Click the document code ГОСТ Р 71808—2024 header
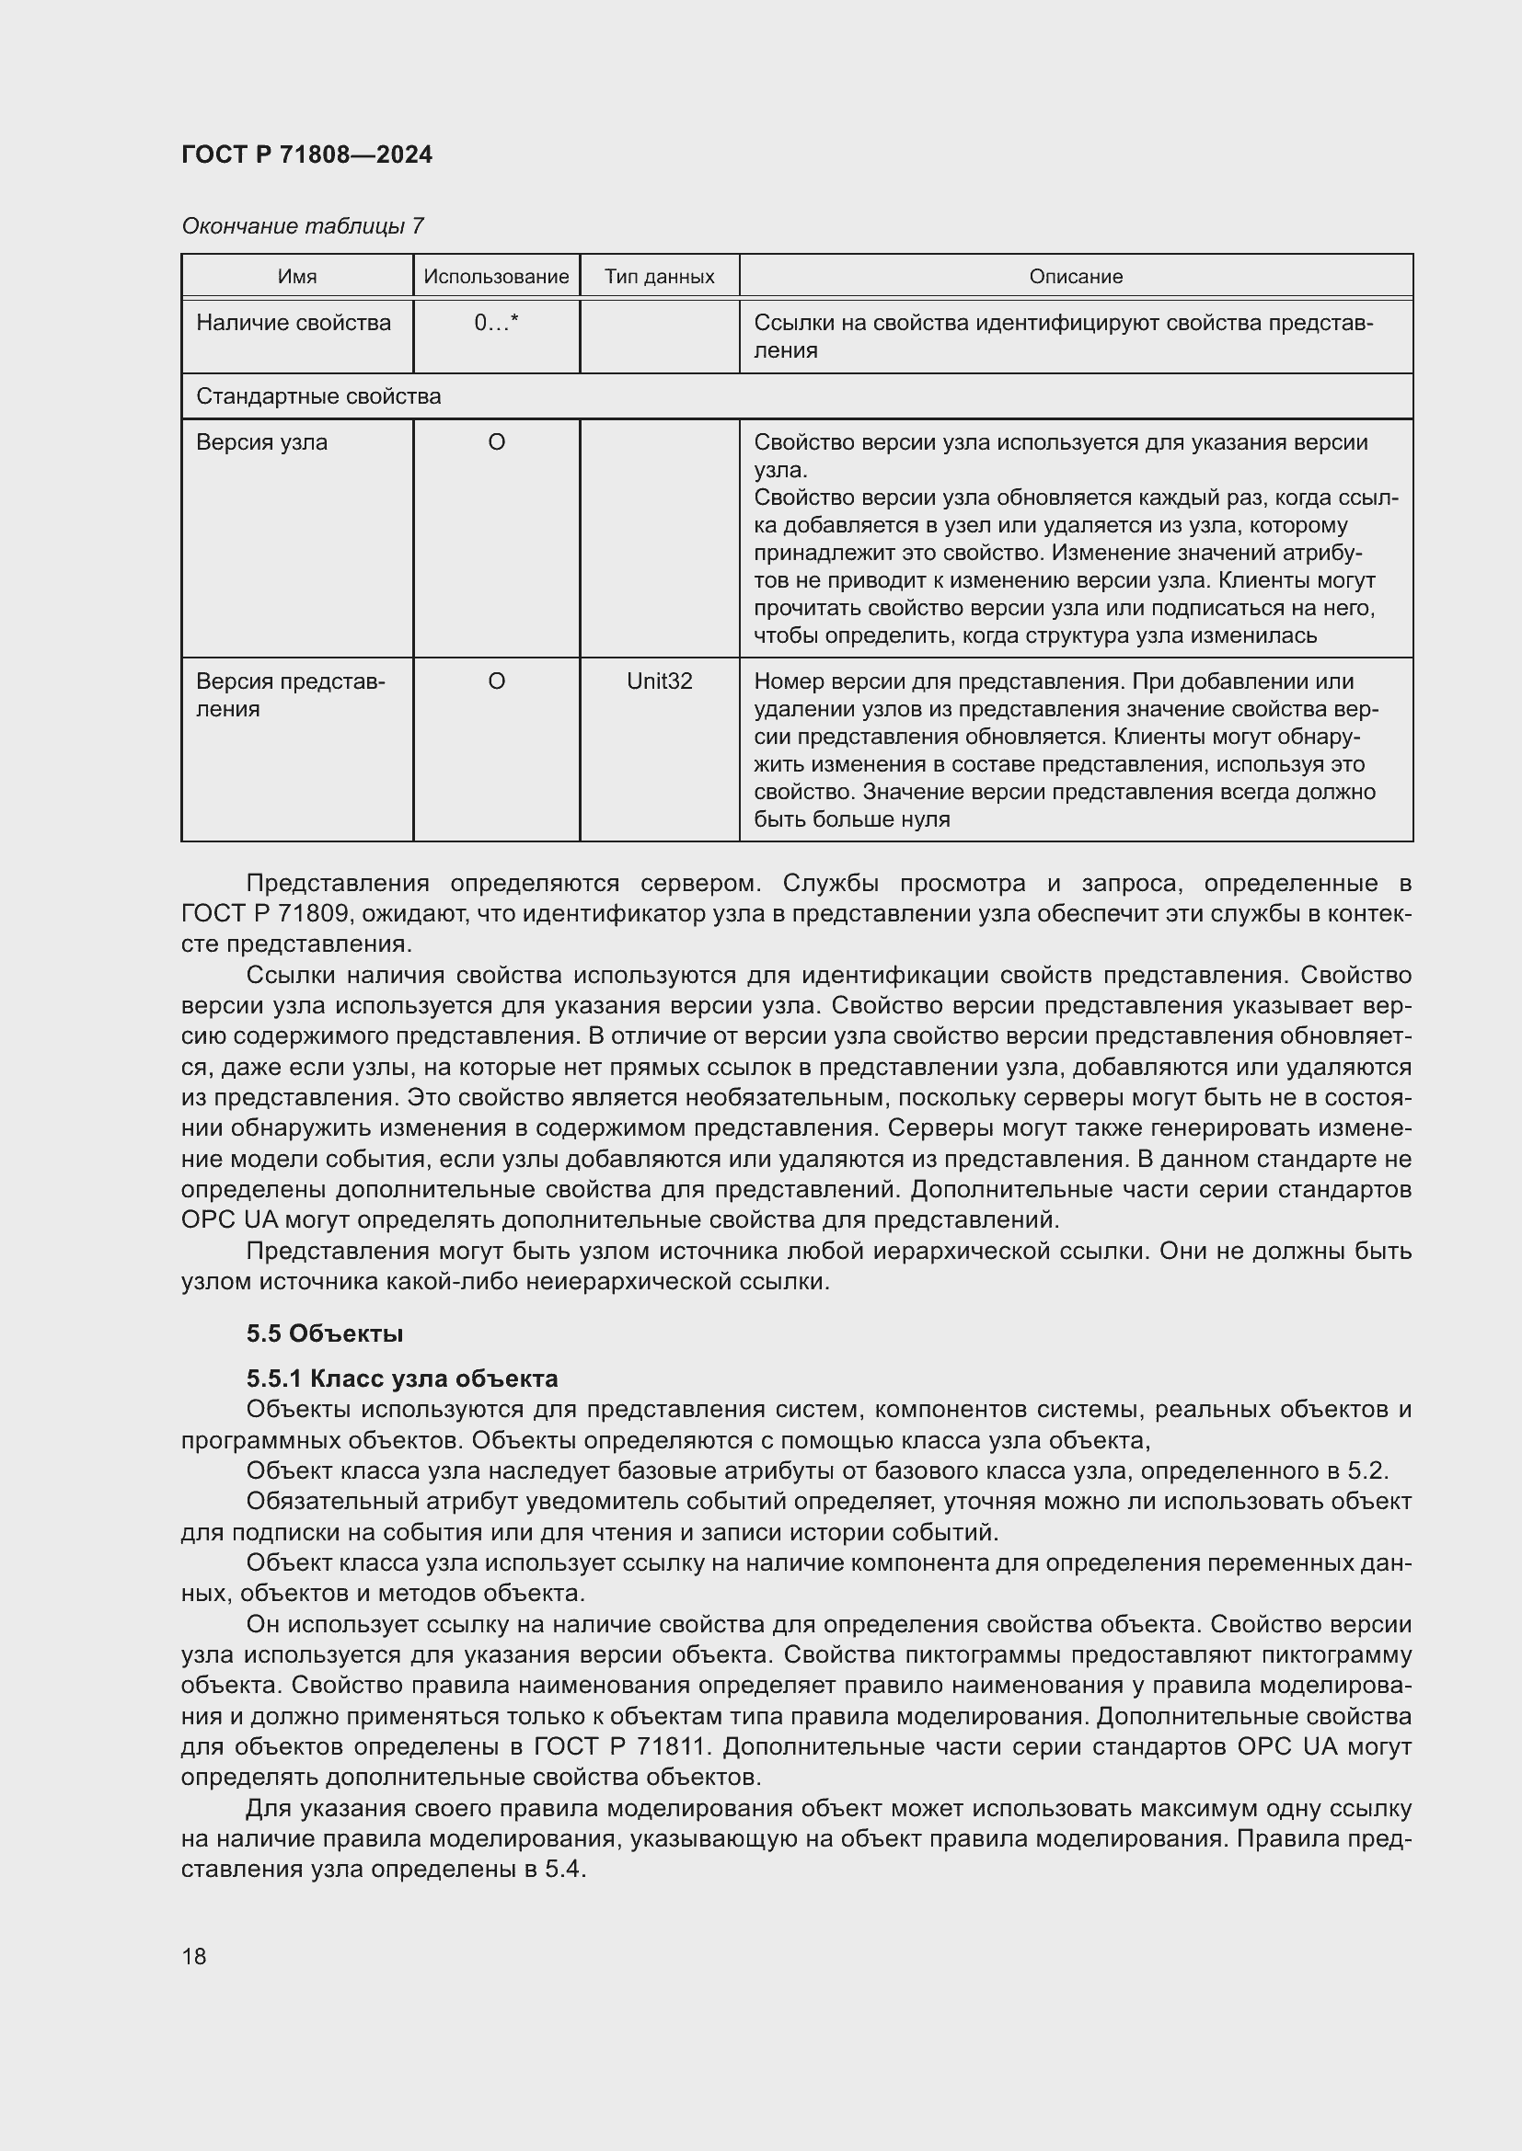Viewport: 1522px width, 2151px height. (x=306, y=154)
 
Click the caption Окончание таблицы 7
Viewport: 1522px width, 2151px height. (x=302, y=226)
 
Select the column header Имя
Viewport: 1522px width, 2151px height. (x=297, y=277)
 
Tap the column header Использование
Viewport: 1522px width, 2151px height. (x=496, y=277)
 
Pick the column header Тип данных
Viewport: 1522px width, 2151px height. (x=659, y=277)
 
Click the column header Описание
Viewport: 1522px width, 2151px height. (x=1075, y=277)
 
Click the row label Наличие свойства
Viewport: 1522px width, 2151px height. (x=294, y=323)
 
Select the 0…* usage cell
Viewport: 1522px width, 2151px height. (x=496, y=323)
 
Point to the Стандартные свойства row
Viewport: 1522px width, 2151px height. (x=318, y=396)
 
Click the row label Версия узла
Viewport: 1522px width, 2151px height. (x=261, y=442)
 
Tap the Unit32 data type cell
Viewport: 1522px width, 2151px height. (x=659, y=681)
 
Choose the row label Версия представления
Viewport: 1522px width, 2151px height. (x=290, y=695)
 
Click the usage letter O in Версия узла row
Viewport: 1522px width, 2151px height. (x=496, y=442)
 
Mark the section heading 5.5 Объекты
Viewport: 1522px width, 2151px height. (x=324, y=1333)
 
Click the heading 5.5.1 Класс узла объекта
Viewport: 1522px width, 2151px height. (x=402, y=1379)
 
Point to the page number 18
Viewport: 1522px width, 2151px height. (x=194, y=1956)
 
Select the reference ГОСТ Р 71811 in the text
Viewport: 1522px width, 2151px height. (x=618, y=1747)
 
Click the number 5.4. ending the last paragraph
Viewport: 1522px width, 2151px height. (x=565, y=1870)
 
